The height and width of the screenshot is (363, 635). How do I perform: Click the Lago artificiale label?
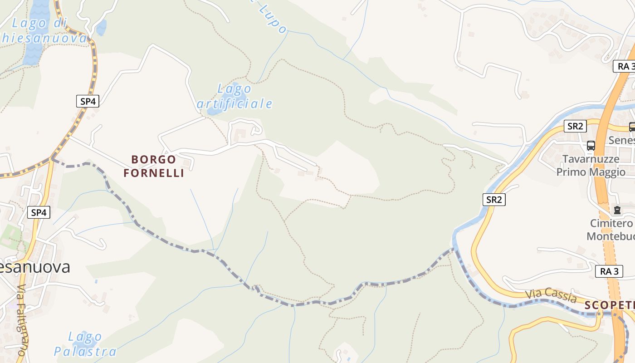click(235, 96)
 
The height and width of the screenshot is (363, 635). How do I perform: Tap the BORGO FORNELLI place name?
click(154, 166)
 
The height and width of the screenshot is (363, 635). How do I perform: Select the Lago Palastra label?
click(85, 344)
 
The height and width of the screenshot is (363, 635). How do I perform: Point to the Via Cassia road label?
click(551, 296)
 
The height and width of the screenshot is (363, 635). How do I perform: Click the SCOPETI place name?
click(609, 305)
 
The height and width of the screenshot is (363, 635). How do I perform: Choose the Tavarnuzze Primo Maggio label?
click(591, 166)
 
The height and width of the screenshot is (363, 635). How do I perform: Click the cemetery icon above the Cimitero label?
click(617, 210)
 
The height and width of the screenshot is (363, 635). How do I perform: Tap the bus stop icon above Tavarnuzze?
click(591, 146)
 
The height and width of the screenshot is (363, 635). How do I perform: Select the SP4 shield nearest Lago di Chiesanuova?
click(88, 101)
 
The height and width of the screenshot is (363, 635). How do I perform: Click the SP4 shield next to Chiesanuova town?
click(39, 212)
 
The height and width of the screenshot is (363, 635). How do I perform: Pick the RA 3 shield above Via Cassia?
click(609, 271)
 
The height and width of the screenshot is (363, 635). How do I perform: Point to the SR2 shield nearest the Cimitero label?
click(493, 199)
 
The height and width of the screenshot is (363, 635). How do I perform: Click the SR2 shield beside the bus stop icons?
click(575, 126)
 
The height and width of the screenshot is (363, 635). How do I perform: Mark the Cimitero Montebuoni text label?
click(611, 230)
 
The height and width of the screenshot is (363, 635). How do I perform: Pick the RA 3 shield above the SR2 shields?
click(624, 66)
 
